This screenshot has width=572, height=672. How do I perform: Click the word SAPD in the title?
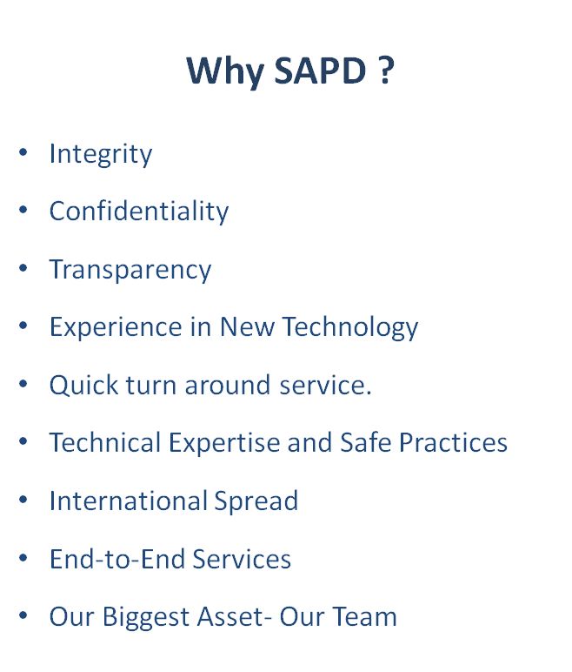click(x=320, y=70)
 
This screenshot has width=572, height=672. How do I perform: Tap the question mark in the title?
click(x=386, y=70)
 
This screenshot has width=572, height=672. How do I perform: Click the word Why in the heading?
click(x=226, y=72)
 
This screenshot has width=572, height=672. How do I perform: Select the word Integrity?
click(x=101, y=154)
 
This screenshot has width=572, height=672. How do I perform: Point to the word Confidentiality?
click(x=139, y=211)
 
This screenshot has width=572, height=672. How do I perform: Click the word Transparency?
click(x=130, y=270)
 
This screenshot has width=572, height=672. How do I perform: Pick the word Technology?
click(x=349, y=328)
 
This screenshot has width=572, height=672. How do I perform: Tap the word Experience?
click(x=116, y=328)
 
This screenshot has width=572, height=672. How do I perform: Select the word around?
click(x=228, y=385)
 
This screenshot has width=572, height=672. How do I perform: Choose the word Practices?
click(x=453, y=442)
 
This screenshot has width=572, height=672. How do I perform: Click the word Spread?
click(x=256, y=501)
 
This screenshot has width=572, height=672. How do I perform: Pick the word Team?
click(x=364, y=616)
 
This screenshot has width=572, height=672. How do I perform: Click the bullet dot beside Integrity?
click(x=23, y=152)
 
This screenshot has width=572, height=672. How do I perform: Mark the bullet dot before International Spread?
click(x=23, y=500)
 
